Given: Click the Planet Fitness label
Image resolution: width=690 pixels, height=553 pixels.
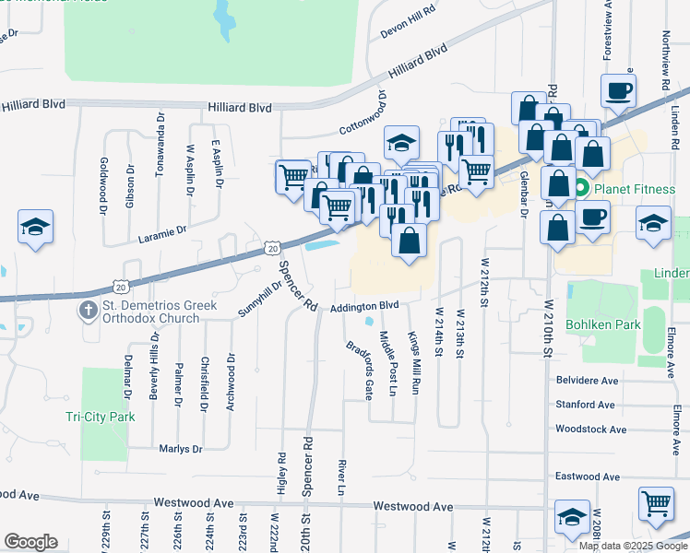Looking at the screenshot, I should (636, 190).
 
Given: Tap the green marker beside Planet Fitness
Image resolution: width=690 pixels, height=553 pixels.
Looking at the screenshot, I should (581, 190).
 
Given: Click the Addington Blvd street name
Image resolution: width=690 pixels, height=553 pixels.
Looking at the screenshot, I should (364, 305).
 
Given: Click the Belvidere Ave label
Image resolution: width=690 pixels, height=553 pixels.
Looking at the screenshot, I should (586, 381).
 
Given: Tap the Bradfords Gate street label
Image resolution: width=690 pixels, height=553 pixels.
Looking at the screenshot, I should (359, 371).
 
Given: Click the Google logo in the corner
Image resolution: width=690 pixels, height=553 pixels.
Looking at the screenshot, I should (30, 542).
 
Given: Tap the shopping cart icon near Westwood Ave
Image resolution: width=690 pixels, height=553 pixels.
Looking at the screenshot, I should (656, 505).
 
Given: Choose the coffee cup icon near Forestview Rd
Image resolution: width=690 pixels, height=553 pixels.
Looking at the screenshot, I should (618, 90).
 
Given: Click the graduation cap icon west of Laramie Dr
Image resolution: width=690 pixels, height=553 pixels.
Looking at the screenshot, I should (35, 227).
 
